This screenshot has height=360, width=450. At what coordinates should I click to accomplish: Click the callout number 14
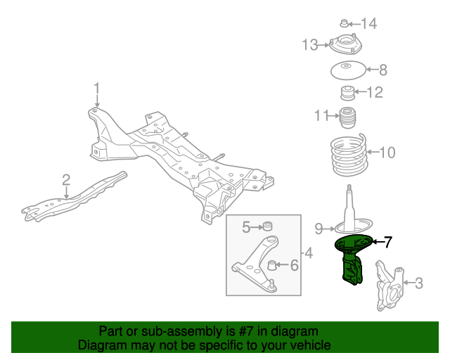[368, 24]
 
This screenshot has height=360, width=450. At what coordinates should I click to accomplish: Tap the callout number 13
[310, 46]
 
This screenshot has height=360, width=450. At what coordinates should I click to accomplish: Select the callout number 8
[383, 70]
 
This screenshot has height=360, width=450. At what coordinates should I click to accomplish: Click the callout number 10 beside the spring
[387, 152]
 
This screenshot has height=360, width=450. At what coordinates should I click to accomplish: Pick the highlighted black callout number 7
[387, 242]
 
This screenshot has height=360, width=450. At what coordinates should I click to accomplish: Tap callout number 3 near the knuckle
[419, 283]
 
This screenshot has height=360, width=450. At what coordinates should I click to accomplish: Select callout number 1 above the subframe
[97, 89]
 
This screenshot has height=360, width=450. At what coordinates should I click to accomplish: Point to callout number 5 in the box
[247, 226]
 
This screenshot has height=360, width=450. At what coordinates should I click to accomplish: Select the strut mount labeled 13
[345, 46]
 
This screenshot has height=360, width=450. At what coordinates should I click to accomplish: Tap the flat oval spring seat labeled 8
[347, 70]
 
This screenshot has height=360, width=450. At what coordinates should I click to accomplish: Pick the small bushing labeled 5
[266, 226]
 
